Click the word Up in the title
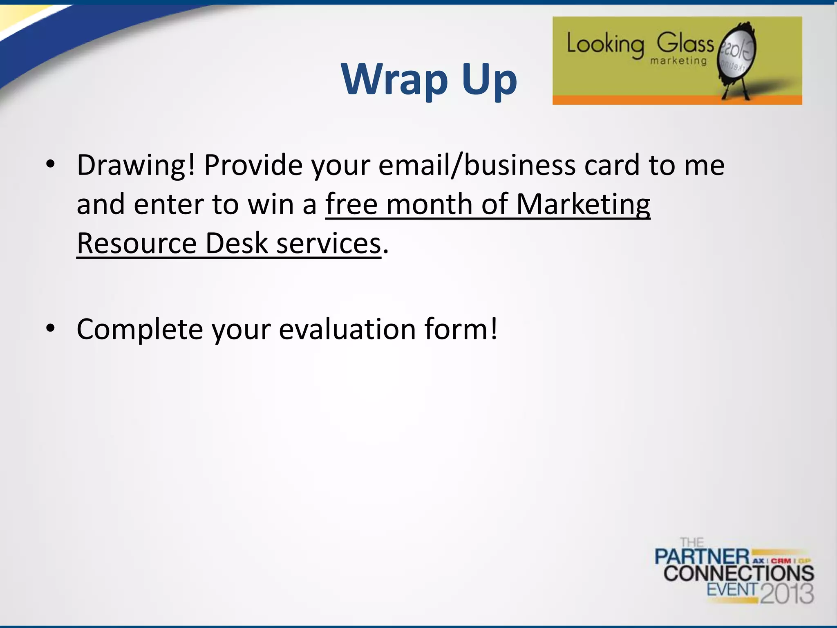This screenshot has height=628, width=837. (x=490, y=81)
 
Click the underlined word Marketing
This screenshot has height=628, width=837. (x=583, y=204)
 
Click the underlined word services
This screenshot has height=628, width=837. (x=329, y=244)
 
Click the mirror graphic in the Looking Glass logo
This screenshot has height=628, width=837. (x=738, y=55)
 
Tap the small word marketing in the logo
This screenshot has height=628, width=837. (x=678, y=61)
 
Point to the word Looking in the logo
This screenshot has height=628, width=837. (x=605, y=45)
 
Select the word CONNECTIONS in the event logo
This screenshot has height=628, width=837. (x=739, y=573)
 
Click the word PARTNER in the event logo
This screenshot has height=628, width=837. (x=702, y=557)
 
